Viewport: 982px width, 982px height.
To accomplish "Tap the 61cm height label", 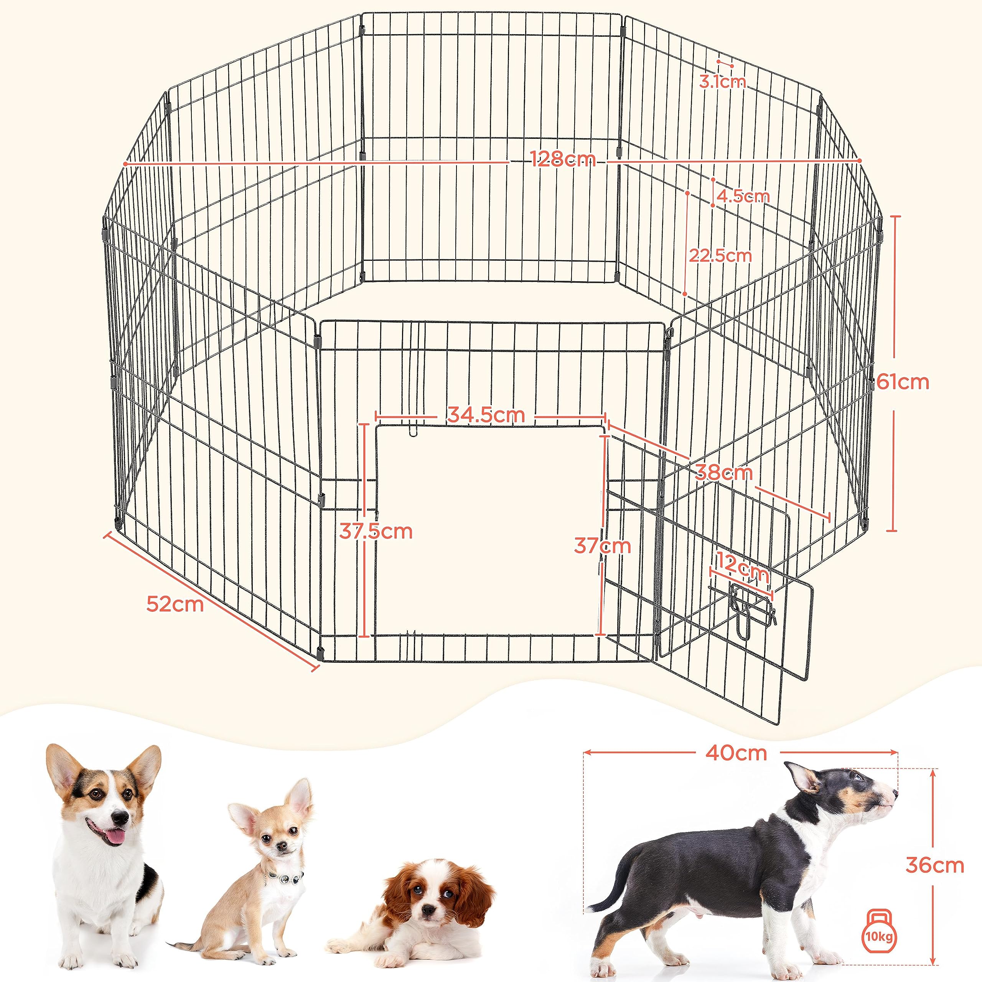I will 902,382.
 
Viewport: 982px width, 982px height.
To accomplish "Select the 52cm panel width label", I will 175,604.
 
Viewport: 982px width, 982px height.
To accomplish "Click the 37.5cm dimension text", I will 376,532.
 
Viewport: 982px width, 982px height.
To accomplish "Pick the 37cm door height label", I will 602,546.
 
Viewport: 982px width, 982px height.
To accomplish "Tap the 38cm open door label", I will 723,473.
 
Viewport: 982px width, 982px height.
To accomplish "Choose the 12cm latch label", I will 742,572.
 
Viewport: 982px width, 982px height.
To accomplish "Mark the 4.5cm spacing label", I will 742,196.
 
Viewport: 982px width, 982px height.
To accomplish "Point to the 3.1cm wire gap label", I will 722,81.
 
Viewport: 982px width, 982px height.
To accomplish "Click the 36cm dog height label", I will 934,865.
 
